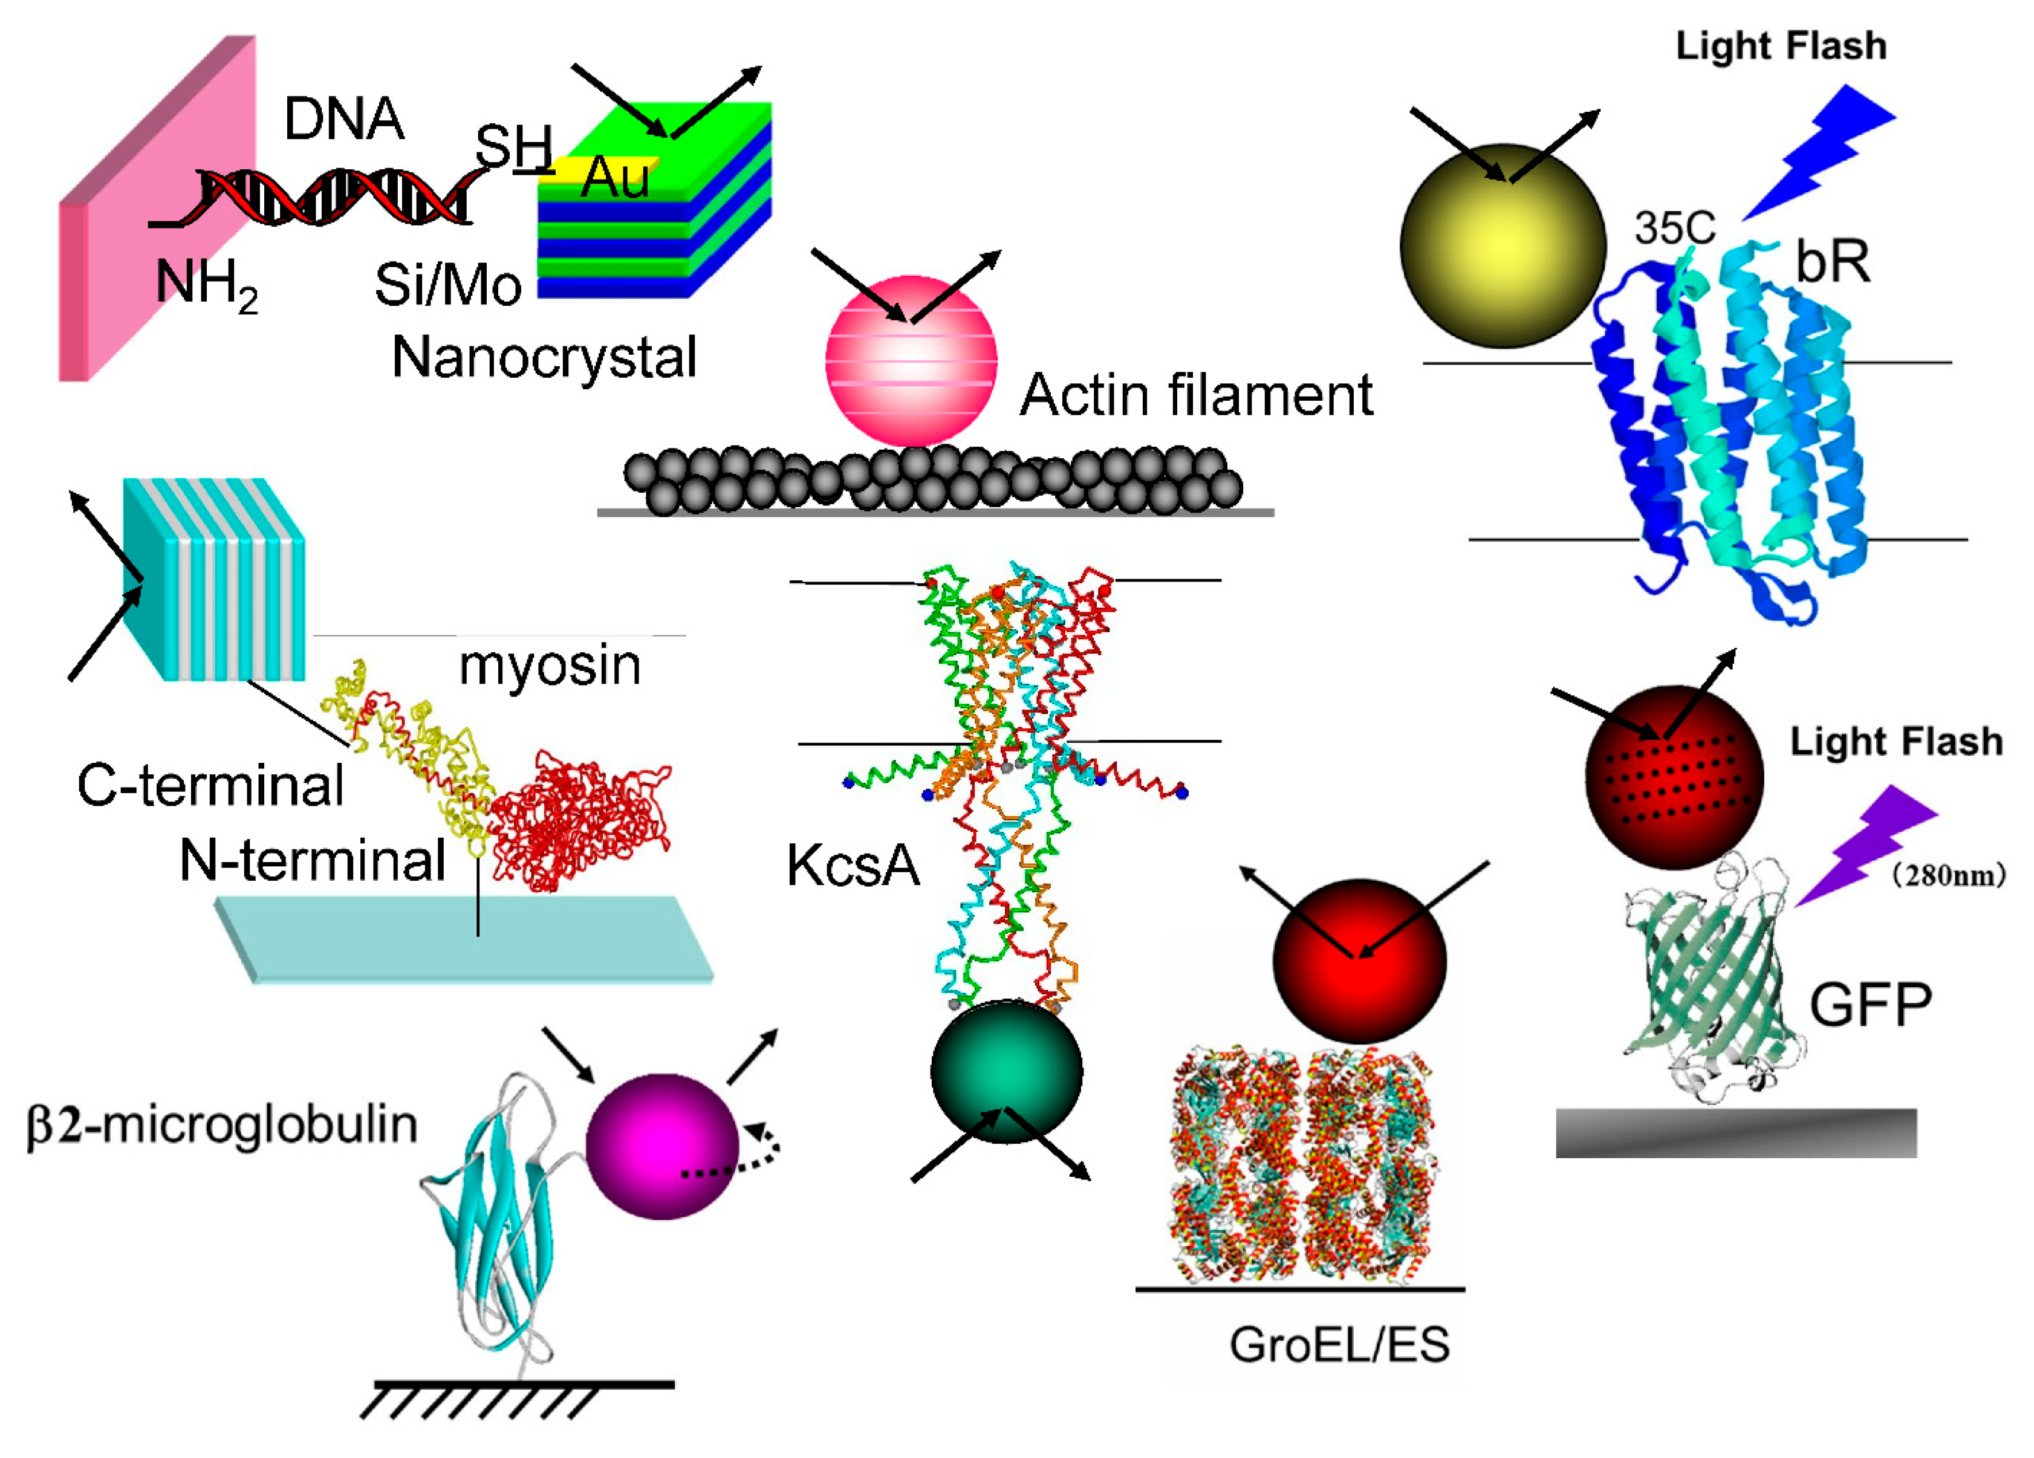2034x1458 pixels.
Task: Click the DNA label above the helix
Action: [343, 119]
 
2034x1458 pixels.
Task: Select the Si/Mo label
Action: [447, 285]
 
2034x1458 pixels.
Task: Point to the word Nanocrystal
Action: [544, 358]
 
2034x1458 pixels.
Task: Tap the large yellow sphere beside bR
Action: [1502, 245]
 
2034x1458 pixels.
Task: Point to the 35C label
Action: [1674, 228]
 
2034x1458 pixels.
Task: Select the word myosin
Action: [550, 666]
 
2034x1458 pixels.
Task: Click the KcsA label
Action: [853, 866]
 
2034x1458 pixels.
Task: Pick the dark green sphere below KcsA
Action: [1006, 1072]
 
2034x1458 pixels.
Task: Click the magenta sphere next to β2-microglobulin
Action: [662, 1146]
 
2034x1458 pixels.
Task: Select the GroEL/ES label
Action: [1339, 1345]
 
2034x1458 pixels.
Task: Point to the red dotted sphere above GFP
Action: [1674, 777]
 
